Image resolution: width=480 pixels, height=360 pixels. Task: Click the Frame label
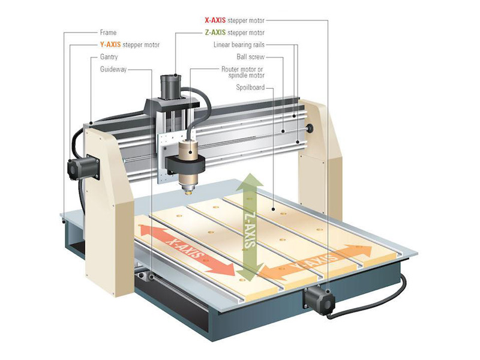click(x=109, y=32)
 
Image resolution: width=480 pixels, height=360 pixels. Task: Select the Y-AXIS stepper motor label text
click(x=130, y=45)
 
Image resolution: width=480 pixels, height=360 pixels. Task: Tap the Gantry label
click(x=110, y=58)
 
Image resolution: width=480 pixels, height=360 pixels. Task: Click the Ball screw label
click(x=251, y=58)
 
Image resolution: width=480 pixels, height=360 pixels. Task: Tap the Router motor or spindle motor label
click(x=243, y=73)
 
